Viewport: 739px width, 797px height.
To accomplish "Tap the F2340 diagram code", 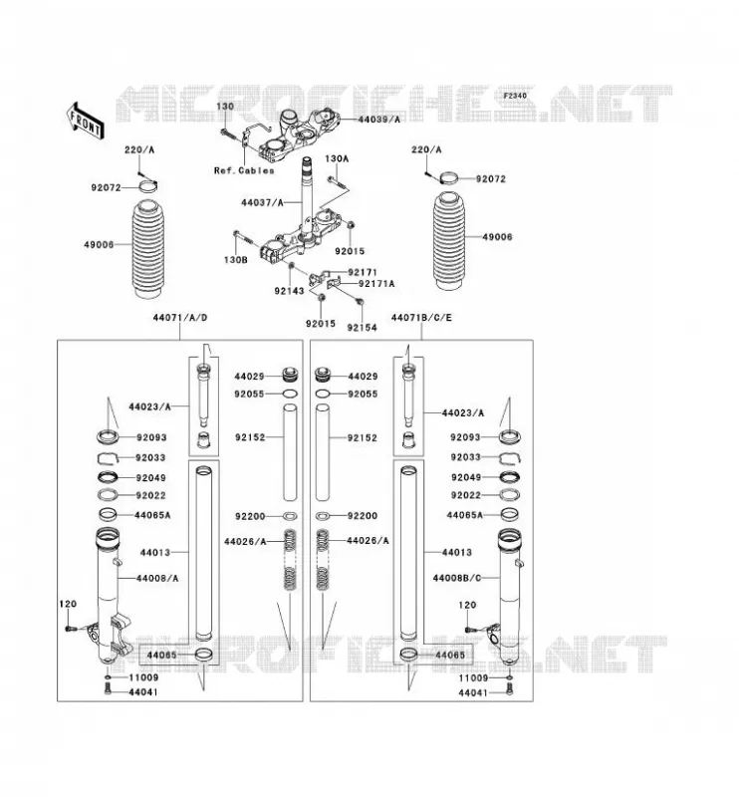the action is (515, 96).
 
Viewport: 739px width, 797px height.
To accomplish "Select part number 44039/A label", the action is (378, 120).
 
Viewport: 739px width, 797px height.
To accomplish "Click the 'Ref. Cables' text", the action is (244, 170).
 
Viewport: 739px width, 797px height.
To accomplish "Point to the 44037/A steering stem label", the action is (262, 202).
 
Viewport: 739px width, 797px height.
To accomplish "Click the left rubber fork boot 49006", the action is (148, 250).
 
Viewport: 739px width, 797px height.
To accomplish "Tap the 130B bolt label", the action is (235, 260).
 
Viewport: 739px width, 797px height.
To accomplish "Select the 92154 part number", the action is (362, 328).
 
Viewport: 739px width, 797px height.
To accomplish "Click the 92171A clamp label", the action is (376, 284).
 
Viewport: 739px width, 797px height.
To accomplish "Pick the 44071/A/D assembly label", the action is (180, 318).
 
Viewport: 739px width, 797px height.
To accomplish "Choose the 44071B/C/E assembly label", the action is (421, 318).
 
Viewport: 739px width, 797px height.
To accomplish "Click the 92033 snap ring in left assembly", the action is (108, 458).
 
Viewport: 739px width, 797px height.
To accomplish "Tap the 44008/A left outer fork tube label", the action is (157, 579).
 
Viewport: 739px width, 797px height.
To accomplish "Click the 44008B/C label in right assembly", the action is (457, 578).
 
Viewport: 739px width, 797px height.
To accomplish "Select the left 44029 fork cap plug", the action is (290, 376).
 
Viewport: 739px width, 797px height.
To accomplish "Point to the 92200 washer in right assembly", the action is (324, 516).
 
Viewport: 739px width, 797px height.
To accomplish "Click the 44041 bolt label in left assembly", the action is (142, 692).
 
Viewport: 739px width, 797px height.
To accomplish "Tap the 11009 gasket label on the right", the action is (473, 678).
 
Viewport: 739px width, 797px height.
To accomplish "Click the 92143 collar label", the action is (289, 291).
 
